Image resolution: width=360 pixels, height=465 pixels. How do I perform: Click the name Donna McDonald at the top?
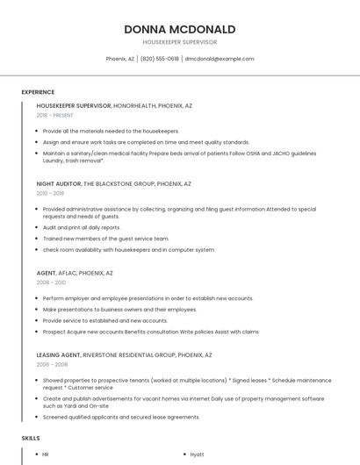tap(179, 29)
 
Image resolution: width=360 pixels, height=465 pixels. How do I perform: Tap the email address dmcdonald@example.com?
tap(220, 59)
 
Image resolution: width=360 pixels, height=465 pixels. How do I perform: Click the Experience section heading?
tap(38, 92)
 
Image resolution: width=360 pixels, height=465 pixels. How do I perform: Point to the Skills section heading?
tap(31, 437)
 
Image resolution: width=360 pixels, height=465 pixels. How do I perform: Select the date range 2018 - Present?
tap(54, 115)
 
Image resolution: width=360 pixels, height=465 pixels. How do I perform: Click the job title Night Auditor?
tap(59, 184)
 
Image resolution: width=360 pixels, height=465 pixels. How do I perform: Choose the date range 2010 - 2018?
tap(50, 194)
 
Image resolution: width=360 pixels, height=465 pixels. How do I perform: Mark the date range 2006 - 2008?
tap(52, 364)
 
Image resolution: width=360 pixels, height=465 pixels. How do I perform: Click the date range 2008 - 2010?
tap(51, 283)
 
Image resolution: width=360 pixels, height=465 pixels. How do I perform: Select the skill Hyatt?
tap(198, 454)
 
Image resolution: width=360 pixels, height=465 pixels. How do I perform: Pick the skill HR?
tap(46, 454)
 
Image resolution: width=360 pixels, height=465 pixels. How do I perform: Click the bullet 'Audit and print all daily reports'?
tap(82, 227)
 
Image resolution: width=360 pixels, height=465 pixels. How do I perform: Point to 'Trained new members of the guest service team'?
tap(105, 239)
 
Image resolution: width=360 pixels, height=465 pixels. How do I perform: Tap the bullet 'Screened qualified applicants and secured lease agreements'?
tap(121, 417)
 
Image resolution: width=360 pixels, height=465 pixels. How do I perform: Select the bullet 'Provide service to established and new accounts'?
tap(104, 320)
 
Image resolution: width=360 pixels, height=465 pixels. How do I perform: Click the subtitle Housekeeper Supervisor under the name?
tap(179, 42)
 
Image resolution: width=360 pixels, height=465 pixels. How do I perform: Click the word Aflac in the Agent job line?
tap(68, 273)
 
